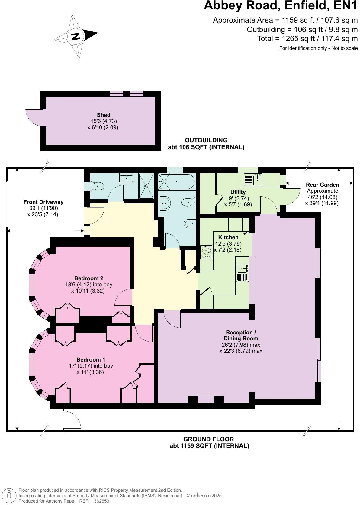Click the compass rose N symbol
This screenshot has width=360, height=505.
pos(76,36)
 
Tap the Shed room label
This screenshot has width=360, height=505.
pos(103,115)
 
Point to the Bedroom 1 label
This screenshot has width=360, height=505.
pos(91,359)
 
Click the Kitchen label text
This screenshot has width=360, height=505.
pos(228,237)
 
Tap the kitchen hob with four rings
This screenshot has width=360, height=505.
pos(206,252)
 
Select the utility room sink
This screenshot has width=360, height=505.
pos(253,180)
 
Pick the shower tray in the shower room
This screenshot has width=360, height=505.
pos(146,186)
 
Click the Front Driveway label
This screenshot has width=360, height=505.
pos(43,202)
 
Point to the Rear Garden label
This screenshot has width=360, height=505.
pos(322,185)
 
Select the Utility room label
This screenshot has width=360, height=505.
pos(238,192)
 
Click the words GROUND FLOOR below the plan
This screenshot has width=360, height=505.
pos(209,439)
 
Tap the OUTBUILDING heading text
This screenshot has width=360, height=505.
pos(206,140)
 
